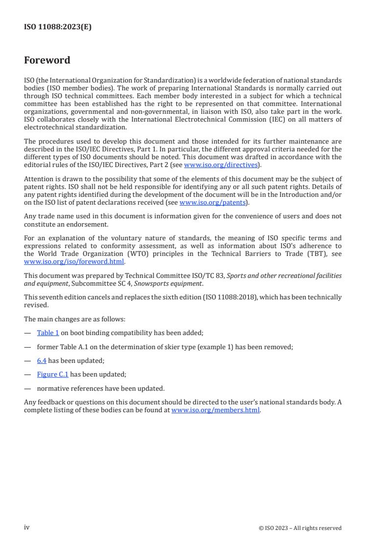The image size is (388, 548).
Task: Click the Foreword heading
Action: [47, 61]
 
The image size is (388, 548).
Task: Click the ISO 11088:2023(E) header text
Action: [58, 27]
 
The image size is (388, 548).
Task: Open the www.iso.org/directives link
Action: [221, 165]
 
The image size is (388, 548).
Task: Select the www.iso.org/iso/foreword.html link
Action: [74, 261]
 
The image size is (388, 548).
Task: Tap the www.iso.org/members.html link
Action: [215, 410]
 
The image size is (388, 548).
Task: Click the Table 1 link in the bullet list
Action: [48, 333]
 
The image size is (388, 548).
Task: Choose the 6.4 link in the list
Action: [42, 361]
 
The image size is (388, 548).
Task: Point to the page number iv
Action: [27, 527]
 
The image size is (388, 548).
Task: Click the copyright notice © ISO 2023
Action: [300, 528]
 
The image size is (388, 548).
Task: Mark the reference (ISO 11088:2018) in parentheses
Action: [226, 297]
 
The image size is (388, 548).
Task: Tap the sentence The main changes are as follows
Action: [74, 319]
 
